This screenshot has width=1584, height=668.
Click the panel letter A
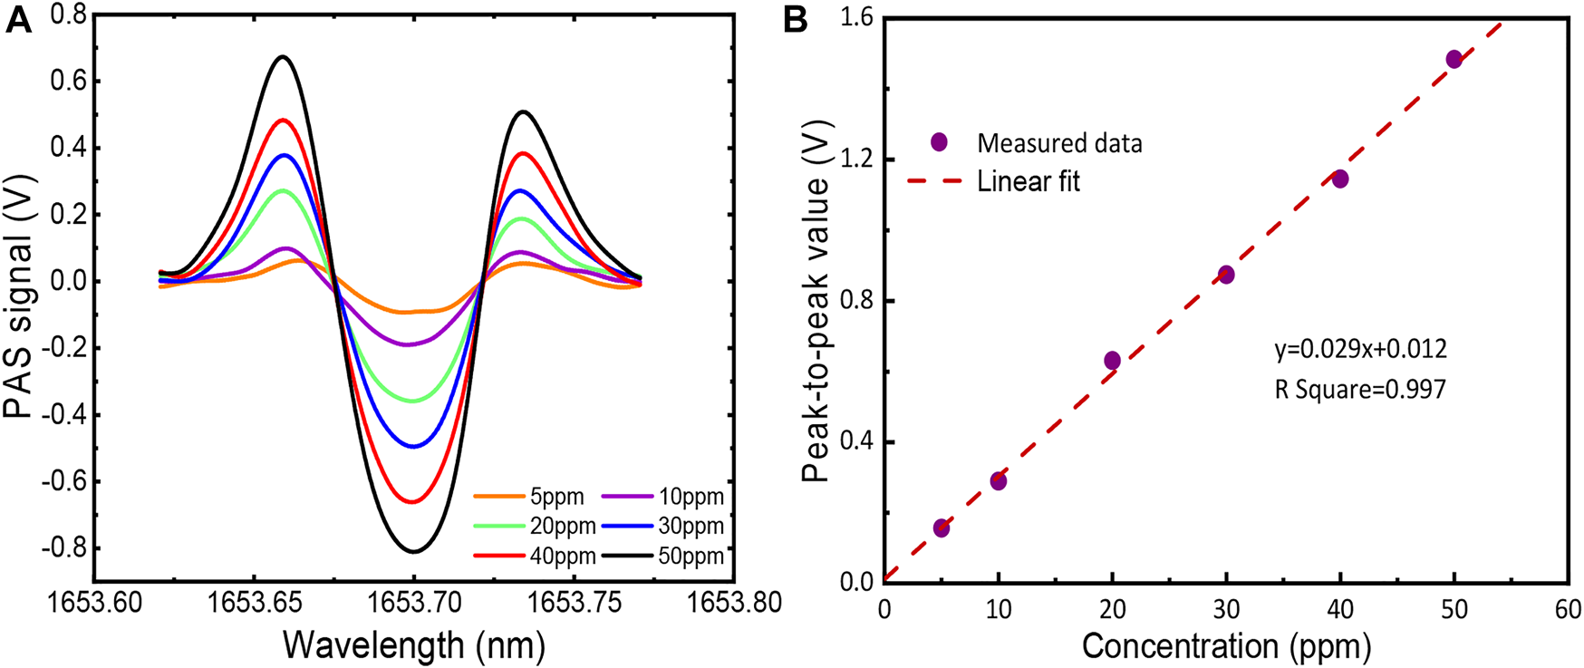[x=19, y=21]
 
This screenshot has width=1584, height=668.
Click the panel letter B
[x=795, y=21]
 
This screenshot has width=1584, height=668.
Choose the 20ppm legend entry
[x=563, y=526]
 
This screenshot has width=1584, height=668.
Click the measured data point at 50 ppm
[x=1454, y=59]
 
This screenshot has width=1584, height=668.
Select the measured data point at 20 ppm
[x=1112, y=360]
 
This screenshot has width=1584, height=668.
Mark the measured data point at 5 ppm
[x=942, y=528]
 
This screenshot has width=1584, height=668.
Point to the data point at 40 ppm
[x=1340, y=179]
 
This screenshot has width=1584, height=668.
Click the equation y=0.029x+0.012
[x=1360, y=349]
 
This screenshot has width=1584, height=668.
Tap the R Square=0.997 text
[x=1360, y=390]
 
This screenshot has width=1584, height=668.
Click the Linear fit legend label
[x=1029, y=181]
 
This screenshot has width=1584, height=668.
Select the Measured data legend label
[x=1059, y=142]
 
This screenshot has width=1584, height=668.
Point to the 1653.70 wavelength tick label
[x=414, y=604]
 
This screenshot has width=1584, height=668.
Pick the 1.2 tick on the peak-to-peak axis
[x=855, y=160]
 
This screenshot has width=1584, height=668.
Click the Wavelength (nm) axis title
[x=414, y=645]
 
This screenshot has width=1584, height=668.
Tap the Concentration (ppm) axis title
[x=1226, y=645]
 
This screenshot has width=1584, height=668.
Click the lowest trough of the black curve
[x=414, y=551]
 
